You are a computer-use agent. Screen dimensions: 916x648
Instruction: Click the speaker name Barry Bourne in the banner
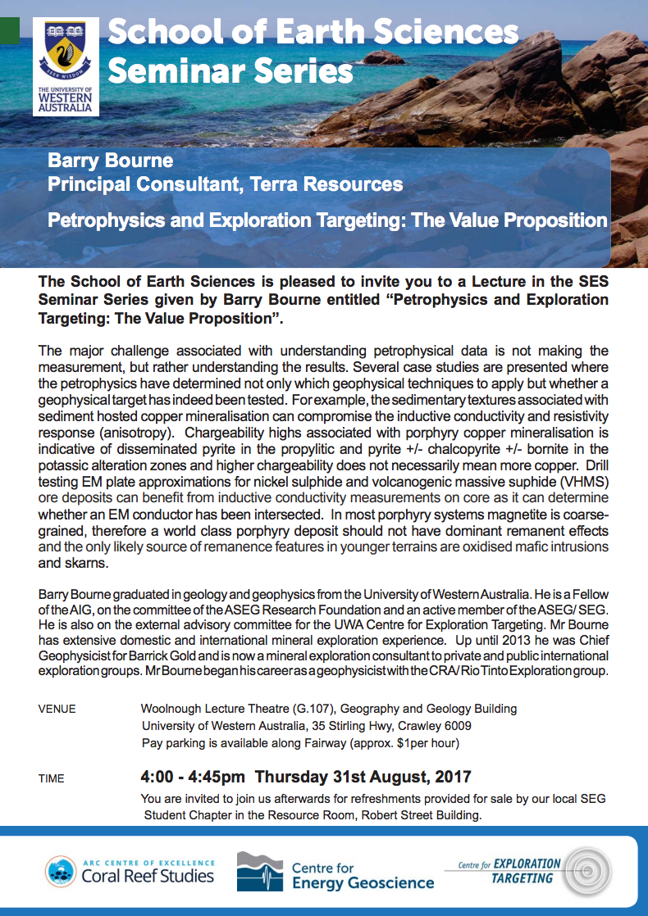click(110, 160)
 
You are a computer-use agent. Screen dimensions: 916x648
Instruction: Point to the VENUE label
click(57, 709)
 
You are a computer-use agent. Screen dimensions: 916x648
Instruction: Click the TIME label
click(51, 778)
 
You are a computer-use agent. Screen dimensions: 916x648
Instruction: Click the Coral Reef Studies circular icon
click(61, 871)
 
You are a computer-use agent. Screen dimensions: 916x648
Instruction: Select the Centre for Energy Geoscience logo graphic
click(260, 871)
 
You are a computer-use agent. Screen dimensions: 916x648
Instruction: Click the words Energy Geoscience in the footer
click(363, 882)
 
